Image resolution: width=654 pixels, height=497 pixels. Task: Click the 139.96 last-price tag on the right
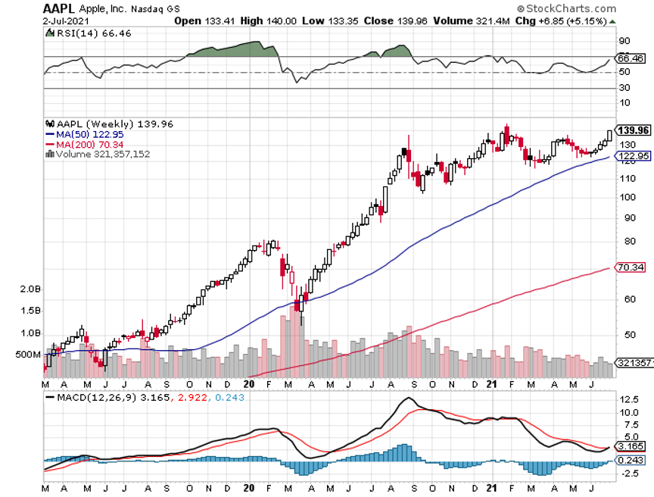click(x=634, y=130)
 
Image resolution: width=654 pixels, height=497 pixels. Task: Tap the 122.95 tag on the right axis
click(x=634, y=156)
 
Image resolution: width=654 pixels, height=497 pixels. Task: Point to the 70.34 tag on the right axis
click(x=631, y=267)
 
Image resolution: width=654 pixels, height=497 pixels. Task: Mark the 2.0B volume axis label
click(x=30, y=289)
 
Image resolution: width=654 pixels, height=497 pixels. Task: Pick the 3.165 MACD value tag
click(x=631, y=446)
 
